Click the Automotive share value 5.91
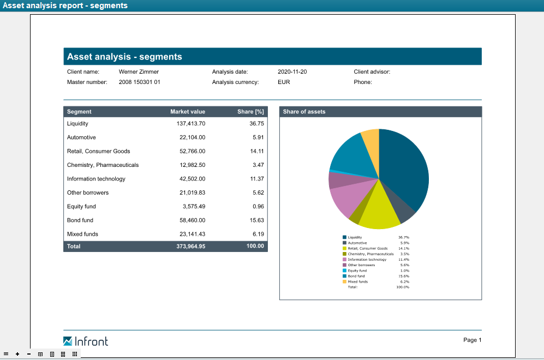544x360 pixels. pos(258,137)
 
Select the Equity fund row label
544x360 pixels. pos(81,206)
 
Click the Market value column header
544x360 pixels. pos(188,112)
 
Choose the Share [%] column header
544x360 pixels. pos(250,112)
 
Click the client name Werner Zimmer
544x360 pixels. pos(139,71)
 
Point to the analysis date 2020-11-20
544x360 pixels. pos(292,71)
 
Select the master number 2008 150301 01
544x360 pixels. pos(140,82)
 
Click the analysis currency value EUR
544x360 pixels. pos(284,82)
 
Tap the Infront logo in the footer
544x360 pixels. pos(86,341)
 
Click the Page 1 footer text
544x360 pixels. pos(472,340)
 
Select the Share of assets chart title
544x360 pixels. pos(304,112)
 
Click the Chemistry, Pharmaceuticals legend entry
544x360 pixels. pos(370,254)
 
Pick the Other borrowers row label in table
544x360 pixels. pos(88,193)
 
